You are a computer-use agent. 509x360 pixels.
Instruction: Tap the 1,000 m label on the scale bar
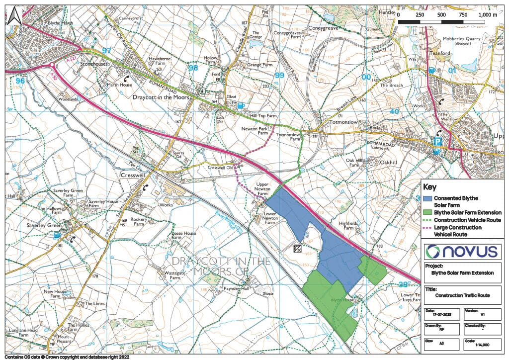pyautogui.click(x=488, y=15)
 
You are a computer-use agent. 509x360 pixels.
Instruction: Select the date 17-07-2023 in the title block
pyautogui.click(x=437, y=315)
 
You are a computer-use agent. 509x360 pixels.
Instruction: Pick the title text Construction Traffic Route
pyautogui.click(x=462, y=295)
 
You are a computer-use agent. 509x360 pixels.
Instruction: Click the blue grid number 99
pyautogui.click(x=279, y=75)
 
